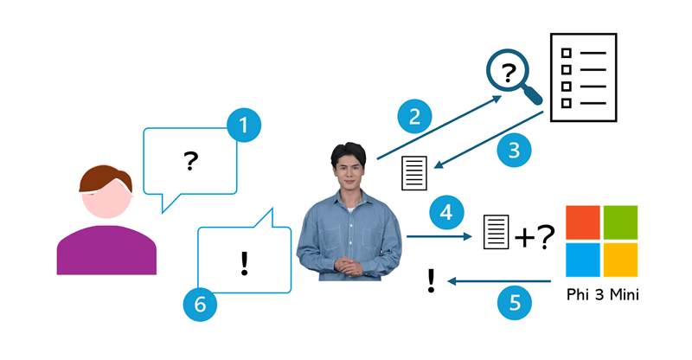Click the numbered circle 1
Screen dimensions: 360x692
tap(244, 125)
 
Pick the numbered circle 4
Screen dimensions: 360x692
tap(445, 211)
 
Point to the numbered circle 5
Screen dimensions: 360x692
tap(515, 302)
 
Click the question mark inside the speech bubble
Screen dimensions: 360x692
tap(191, 160)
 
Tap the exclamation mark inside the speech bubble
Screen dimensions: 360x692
tap(244, 262)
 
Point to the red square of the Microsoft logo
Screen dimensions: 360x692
tap(581, 222)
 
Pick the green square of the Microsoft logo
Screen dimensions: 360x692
tap(620, 222)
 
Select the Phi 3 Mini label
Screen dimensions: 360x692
tap(601, 294)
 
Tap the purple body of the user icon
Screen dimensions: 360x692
tap(106, 251)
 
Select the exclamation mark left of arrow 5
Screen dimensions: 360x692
tap(431, 280)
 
